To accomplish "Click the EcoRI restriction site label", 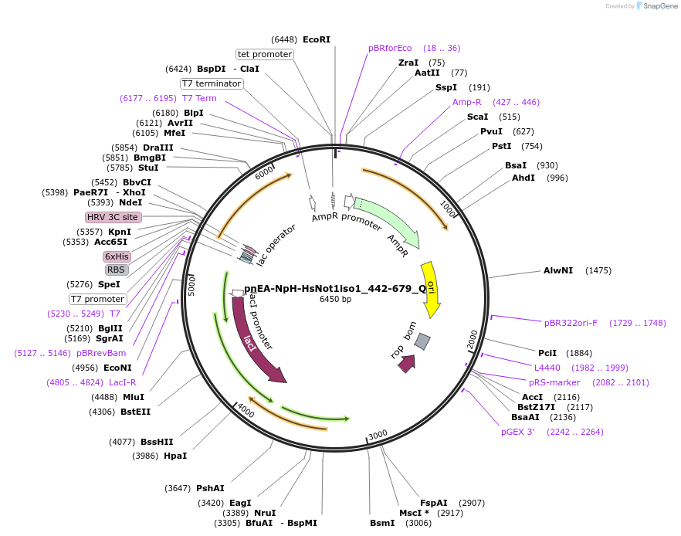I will (x=316, y=39).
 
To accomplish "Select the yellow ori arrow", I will (x=429, y=286).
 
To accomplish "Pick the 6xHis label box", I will (x=117, y=256).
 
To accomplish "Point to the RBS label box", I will (x=117, y=270).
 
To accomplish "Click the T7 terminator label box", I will (x=212, y=83).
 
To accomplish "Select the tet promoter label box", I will (x=265, y=54).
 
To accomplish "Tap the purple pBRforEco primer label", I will (x=390, y=48).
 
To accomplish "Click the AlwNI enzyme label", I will (x=557, y=270).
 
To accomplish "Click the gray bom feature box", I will (x=422, y=341).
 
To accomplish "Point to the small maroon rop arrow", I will (x=407, y=363).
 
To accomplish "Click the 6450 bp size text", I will (x=335, y=299).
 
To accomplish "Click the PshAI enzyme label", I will (x=210, y=488).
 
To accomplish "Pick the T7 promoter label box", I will (x=97, y=299).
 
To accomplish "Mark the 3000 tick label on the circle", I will (x=378, y=435).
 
